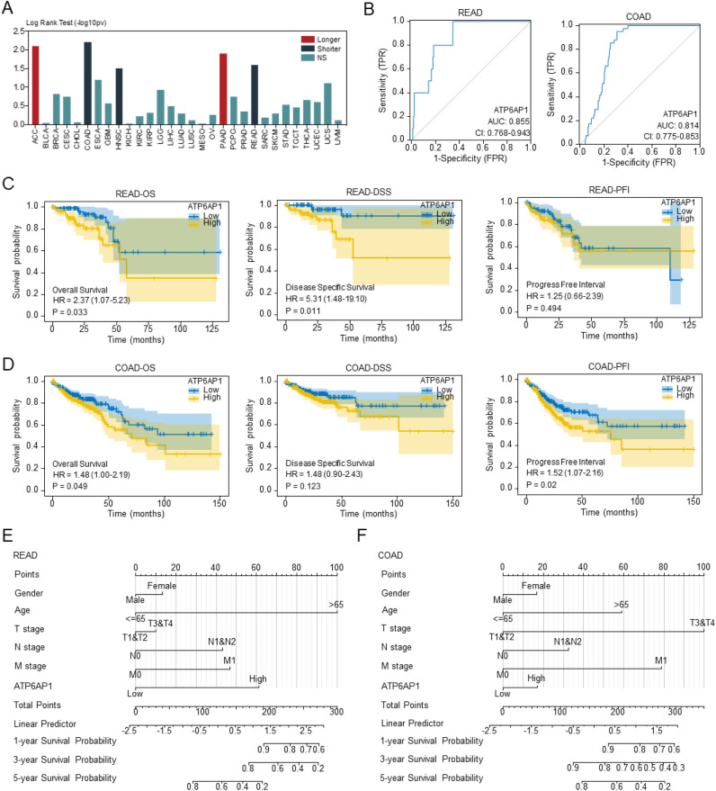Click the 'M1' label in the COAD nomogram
(660, 660)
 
